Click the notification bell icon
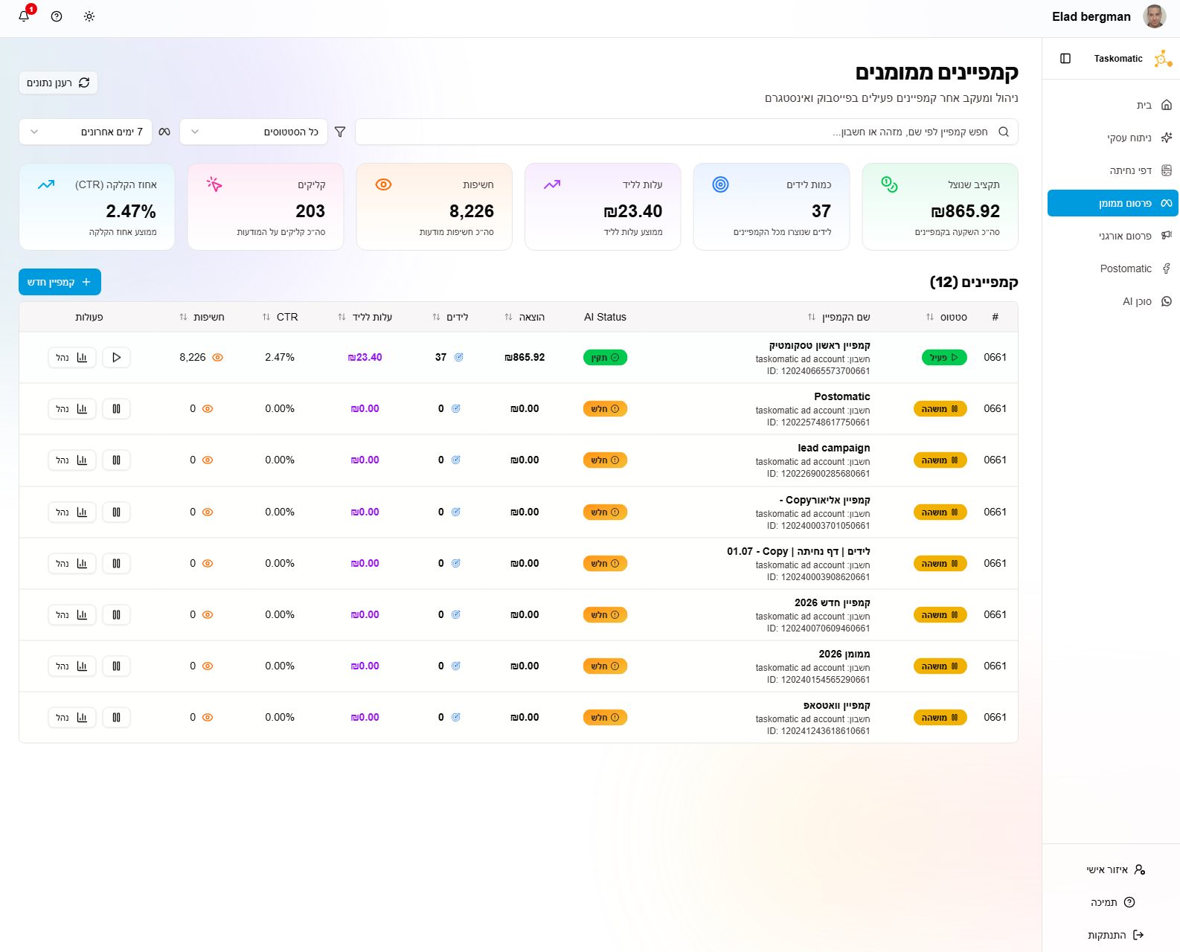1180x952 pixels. tap(24, 16)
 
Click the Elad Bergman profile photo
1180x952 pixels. tap(1155, 16)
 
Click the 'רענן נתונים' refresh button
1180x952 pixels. tap(58, 83)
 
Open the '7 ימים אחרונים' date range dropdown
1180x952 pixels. tap(86, 132)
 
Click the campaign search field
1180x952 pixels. tap(684, 132)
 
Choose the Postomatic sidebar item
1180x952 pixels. tap(1126, 268)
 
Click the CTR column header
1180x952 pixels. tap(286, 317)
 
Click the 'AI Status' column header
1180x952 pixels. tap(605, 317)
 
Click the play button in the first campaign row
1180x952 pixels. tap(116, 358)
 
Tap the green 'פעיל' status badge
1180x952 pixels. tap(944, 358)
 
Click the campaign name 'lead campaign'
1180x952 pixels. tap(833, 448)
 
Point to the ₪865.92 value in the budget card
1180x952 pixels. tap(965, 211)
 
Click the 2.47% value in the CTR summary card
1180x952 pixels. tap(131, 211)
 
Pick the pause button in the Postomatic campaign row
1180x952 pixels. tap(116, 409)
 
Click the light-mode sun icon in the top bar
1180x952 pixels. tap(89, 16)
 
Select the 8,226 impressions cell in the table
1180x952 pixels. tap(193, 358)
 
